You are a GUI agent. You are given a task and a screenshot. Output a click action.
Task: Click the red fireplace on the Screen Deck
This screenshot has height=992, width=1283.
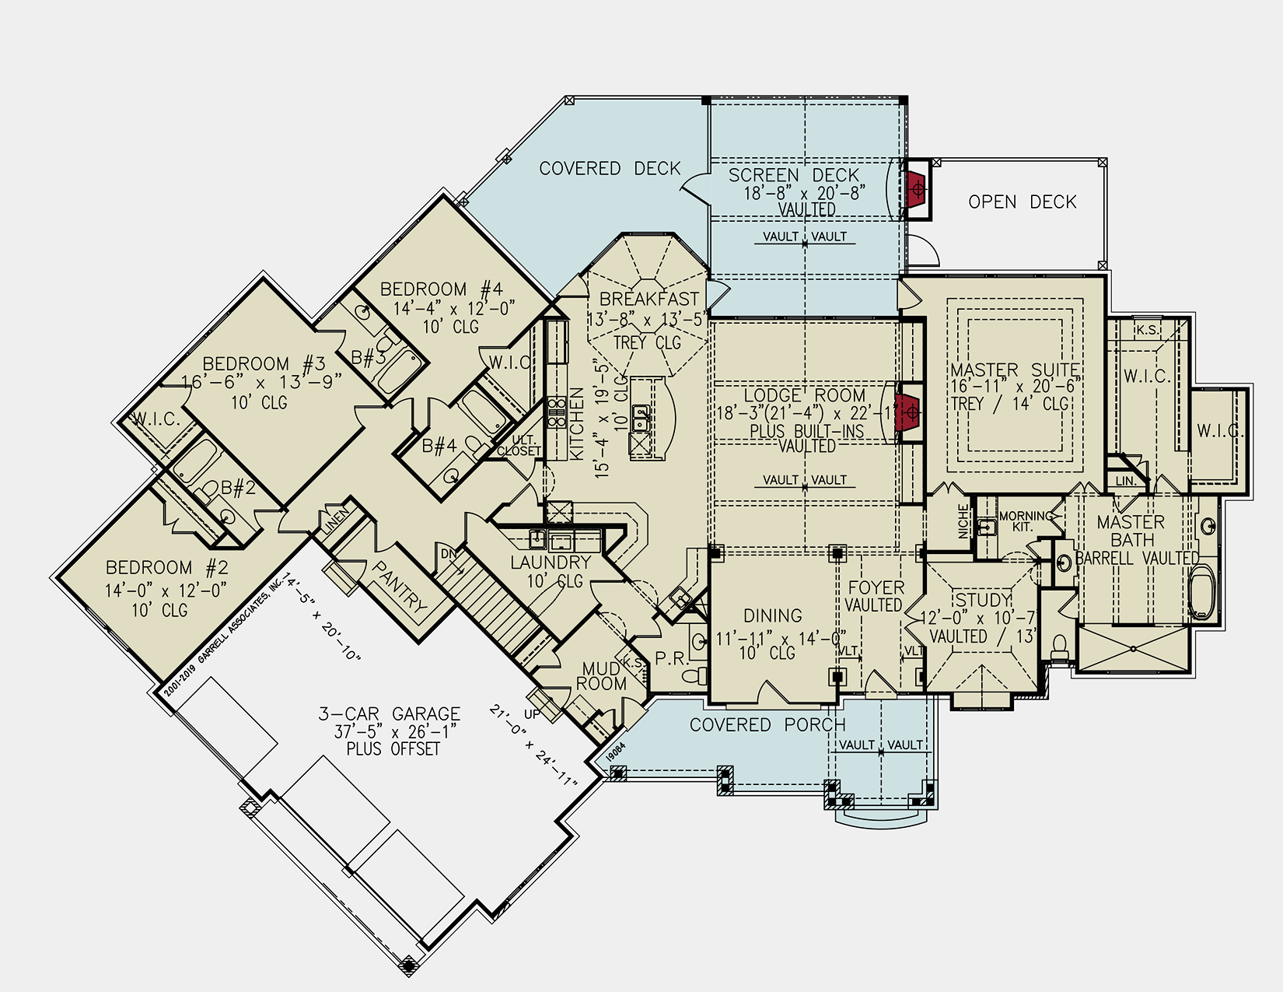pos(916,189)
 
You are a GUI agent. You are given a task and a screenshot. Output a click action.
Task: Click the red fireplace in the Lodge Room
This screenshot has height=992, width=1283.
pos(907,412)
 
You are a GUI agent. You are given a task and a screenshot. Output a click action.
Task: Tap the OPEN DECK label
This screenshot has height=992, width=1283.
pos(1022,202)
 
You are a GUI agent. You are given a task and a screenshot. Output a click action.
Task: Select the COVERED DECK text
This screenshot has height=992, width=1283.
pos(610,169)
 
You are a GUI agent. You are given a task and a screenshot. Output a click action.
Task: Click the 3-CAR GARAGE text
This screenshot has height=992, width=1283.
pos(390,714)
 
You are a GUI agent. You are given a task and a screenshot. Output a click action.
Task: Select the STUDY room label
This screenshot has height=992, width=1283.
pos(983,600)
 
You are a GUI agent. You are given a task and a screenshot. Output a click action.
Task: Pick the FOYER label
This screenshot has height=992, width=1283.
pos(876,587)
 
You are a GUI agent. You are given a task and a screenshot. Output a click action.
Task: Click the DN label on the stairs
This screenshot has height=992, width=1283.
pos(449,554)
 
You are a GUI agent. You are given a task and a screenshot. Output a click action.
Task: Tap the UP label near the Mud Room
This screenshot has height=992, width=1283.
pos(533,713)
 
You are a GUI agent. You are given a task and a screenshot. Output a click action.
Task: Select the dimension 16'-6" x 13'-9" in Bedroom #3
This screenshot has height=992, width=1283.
pos(261,383)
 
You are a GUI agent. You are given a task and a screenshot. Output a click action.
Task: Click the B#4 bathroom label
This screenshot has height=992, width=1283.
pos(439,447)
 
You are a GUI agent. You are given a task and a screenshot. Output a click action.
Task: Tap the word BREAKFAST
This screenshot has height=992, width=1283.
pos(649,299)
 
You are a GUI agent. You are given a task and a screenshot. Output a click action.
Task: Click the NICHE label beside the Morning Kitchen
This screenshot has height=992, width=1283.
pos(963,521)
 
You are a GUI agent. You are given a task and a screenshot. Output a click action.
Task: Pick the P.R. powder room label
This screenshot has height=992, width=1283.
pos(670,658)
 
